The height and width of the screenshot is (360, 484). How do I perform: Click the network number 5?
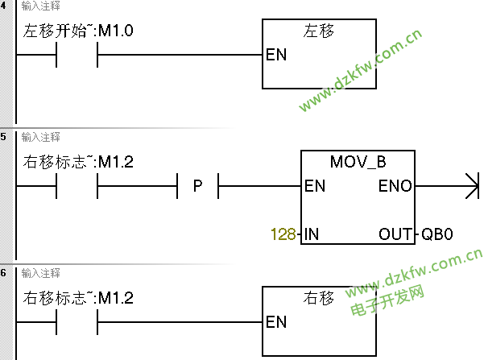coord(5,137)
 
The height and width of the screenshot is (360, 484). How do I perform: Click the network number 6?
coord(5,273)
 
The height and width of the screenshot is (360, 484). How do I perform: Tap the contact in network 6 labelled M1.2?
coord(77,322)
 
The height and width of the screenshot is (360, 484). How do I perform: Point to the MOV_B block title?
coord(358,162)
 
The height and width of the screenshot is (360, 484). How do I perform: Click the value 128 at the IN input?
coord(283,235)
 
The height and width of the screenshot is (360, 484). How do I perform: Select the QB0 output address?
coord(438,235)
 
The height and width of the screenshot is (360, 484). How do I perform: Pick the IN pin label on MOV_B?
coord(312,235)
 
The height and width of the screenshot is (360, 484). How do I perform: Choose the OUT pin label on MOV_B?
coord(395,235)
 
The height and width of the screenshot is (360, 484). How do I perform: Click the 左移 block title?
coord(318,31)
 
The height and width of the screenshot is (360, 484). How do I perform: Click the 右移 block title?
coord(318,298)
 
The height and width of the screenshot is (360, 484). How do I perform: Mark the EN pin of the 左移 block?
coord(276,56)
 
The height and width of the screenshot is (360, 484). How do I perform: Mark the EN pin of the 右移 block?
coord(276,322)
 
